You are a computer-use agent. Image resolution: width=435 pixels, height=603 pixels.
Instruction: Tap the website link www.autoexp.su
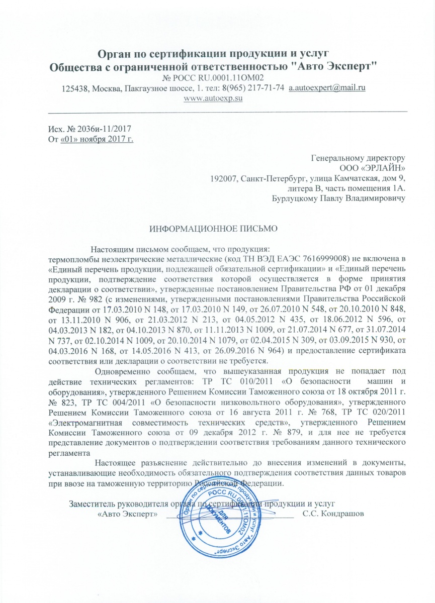[x=214, y=98]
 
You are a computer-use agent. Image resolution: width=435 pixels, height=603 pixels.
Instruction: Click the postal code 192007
[x=223, y=178]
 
